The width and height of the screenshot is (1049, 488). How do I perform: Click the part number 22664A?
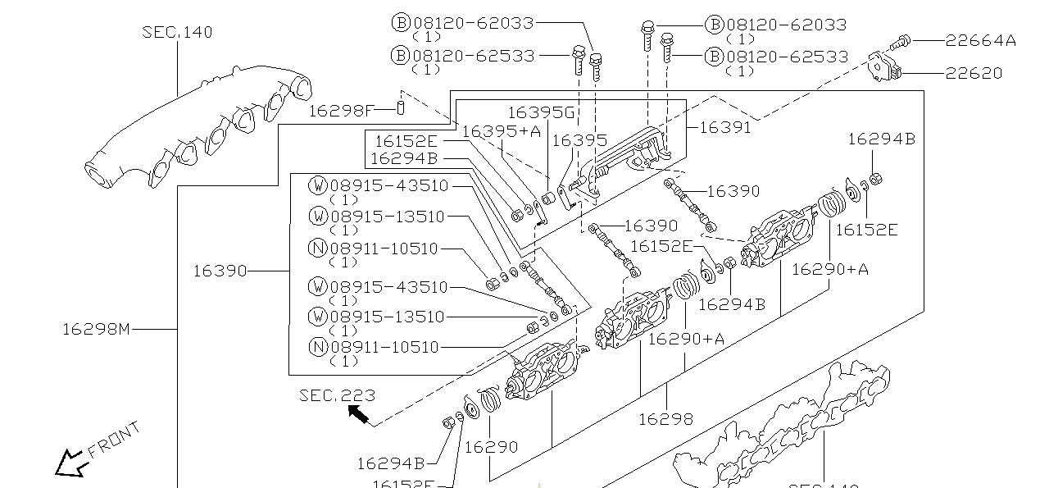(x=980, y=40)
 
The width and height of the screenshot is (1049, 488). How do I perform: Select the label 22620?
(x=974, y=73)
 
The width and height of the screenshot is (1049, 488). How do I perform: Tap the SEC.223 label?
(x=337, y=395)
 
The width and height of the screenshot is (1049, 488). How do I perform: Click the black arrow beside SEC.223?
(x=357, y=414)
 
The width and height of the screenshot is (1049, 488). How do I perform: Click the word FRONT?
(x=114, y=440)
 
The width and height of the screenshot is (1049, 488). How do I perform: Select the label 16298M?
(x=96, y=329)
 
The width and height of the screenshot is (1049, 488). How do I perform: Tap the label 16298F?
(x=341, y=109)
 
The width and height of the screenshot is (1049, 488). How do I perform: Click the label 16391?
(x=724, y=127)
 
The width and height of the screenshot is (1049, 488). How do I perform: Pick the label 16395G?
(x=541, y=112)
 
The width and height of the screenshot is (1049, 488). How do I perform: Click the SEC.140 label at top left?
(x=177, y=32)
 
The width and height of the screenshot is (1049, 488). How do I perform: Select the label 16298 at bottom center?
(x=665, y=419)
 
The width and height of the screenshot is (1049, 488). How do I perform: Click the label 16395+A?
(x=501, y=130)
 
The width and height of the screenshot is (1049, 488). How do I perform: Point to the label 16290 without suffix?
(x=491, y=447)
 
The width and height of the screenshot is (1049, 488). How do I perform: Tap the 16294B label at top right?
(x=881, y=139)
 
